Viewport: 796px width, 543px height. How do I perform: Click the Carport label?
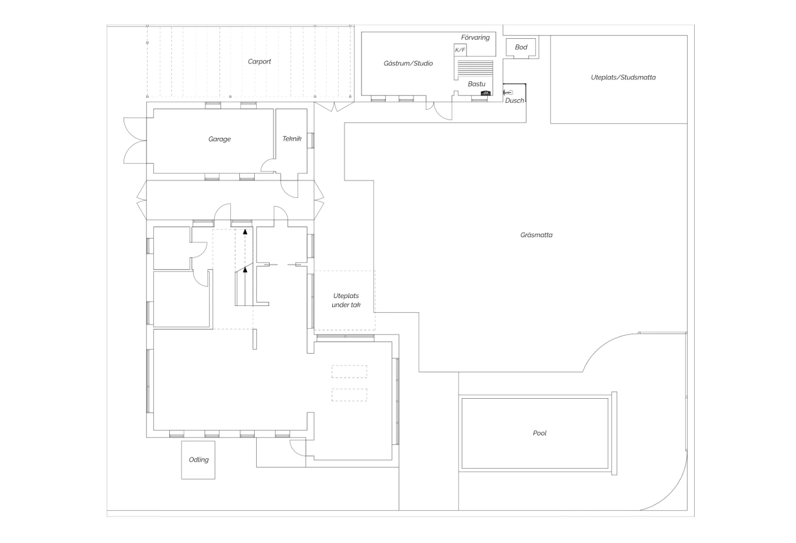pyautogui.click(x=259, y=62)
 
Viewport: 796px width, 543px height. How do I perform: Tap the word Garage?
pyautogui.click(x=219, y=139)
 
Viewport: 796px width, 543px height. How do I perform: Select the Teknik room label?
pyautogui.click(x=292, y=139)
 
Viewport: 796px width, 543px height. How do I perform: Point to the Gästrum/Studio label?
pyautogui.click(x=408, y=64)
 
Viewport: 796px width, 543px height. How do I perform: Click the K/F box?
pyautogui.click(x=460, y=50)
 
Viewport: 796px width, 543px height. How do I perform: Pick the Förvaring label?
pyautogui.click(x=475, y=38)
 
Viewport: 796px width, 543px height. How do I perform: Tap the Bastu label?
pyautogui.click(x=476, y=84)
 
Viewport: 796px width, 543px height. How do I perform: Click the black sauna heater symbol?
pyautogui.click(x=486, y=93)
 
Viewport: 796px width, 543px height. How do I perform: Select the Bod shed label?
pyautogui.click(x=521, y=47)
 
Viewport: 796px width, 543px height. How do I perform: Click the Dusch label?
pyautogui.click(x=514, y=101)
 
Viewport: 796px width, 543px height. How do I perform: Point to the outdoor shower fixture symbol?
pyautogui.click(x=508, y=93)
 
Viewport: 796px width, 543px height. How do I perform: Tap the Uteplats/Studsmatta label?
pyautogui.click(x=623, y=77)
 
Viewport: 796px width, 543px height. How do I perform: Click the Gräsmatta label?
pyautogui.click(x=536, y=235)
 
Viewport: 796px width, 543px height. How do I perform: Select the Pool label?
pyautogui.click(x=540, y=433)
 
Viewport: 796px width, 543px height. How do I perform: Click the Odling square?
pyautogui.click(x=198, y=460)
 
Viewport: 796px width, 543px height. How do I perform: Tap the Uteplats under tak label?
pyautogui.click(x=346, y=301)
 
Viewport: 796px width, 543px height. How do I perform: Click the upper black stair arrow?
pyautogui.click(x=245, y=232)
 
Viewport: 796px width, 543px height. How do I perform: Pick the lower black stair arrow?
pyautogui.click(x=245, y=270)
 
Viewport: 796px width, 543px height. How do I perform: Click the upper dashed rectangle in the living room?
pyautogui.click(x=349, y=372)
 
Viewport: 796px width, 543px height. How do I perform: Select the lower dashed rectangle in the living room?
pyautogui.click(x=349, y=395)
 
